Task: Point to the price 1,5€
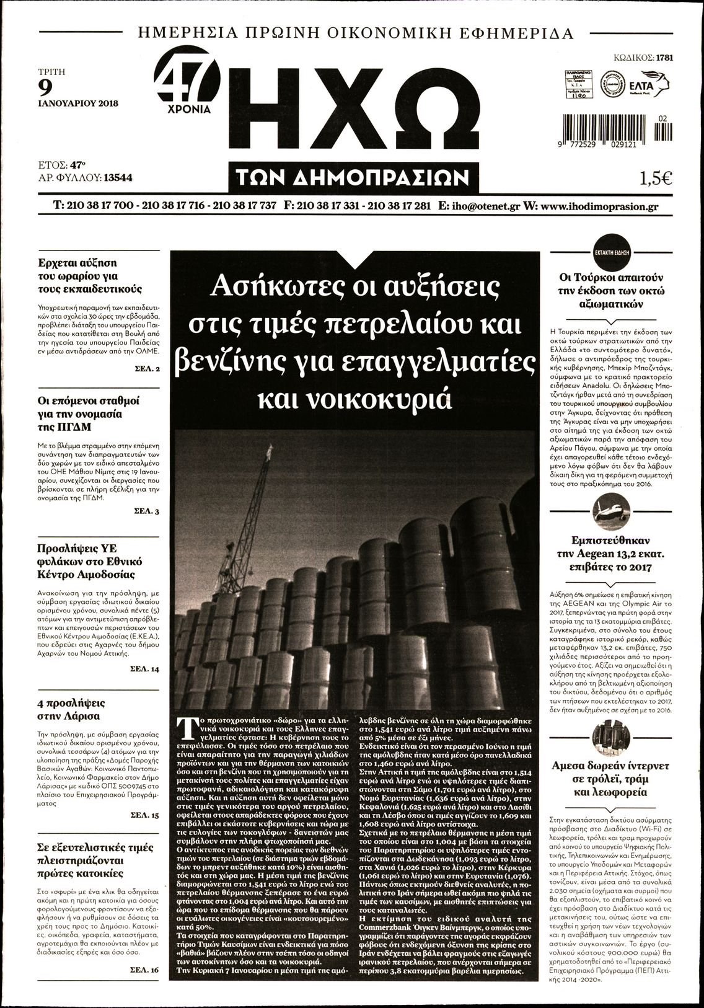(656, 178)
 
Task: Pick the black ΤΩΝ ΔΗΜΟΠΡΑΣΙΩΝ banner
(353, 179)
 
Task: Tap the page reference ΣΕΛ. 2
(147, 369)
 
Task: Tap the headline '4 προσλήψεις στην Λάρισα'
(71, 709)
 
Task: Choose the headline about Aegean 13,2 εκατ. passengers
(611, 554)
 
